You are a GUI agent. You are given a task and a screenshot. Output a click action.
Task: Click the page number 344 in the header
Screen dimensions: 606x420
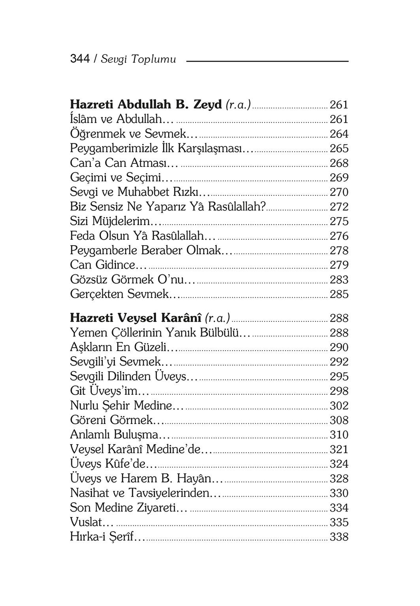[80, 59]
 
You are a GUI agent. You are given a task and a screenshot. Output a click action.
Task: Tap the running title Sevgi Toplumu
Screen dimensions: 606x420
[138, 60]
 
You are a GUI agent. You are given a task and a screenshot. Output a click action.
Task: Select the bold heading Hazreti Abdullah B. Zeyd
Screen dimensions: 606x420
[146, 105]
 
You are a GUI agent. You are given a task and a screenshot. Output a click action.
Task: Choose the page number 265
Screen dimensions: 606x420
[339, 148]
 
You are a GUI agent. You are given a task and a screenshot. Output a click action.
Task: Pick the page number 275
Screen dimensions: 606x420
[339, 221]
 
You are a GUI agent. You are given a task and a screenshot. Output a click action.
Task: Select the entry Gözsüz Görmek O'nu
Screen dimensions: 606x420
[133, 280]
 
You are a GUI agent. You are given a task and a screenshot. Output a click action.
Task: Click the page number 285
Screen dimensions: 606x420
[339, 294]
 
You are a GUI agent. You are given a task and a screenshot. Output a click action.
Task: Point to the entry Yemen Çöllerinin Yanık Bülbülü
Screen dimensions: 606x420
[160, 333]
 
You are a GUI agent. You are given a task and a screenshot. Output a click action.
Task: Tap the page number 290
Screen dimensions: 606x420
[339, 347]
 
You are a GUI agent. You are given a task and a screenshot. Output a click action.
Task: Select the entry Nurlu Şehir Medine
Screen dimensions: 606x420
[126, 405]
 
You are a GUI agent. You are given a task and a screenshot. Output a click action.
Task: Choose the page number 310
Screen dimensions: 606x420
[339, 435]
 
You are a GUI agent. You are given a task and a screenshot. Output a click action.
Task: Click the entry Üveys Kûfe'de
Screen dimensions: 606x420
[114, 464]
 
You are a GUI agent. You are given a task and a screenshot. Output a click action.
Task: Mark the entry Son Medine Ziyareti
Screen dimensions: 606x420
[128, 508]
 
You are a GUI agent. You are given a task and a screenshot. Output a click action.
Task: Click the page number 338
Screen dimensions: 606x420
[339, 537]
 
